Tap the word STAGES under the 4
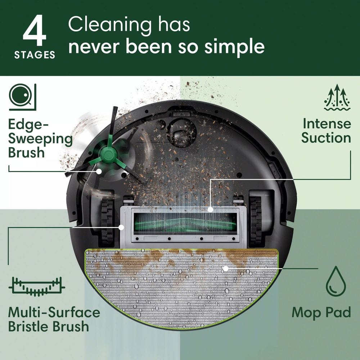35,55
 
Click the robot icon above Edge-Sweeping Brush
22,96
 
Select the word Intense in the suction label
327,123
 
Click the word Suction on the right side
326,138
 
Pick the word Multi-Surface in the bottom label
54,312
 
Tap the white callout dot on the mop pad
225,268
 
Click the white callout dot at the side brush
98,172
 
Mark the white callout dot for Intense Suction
210,209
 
